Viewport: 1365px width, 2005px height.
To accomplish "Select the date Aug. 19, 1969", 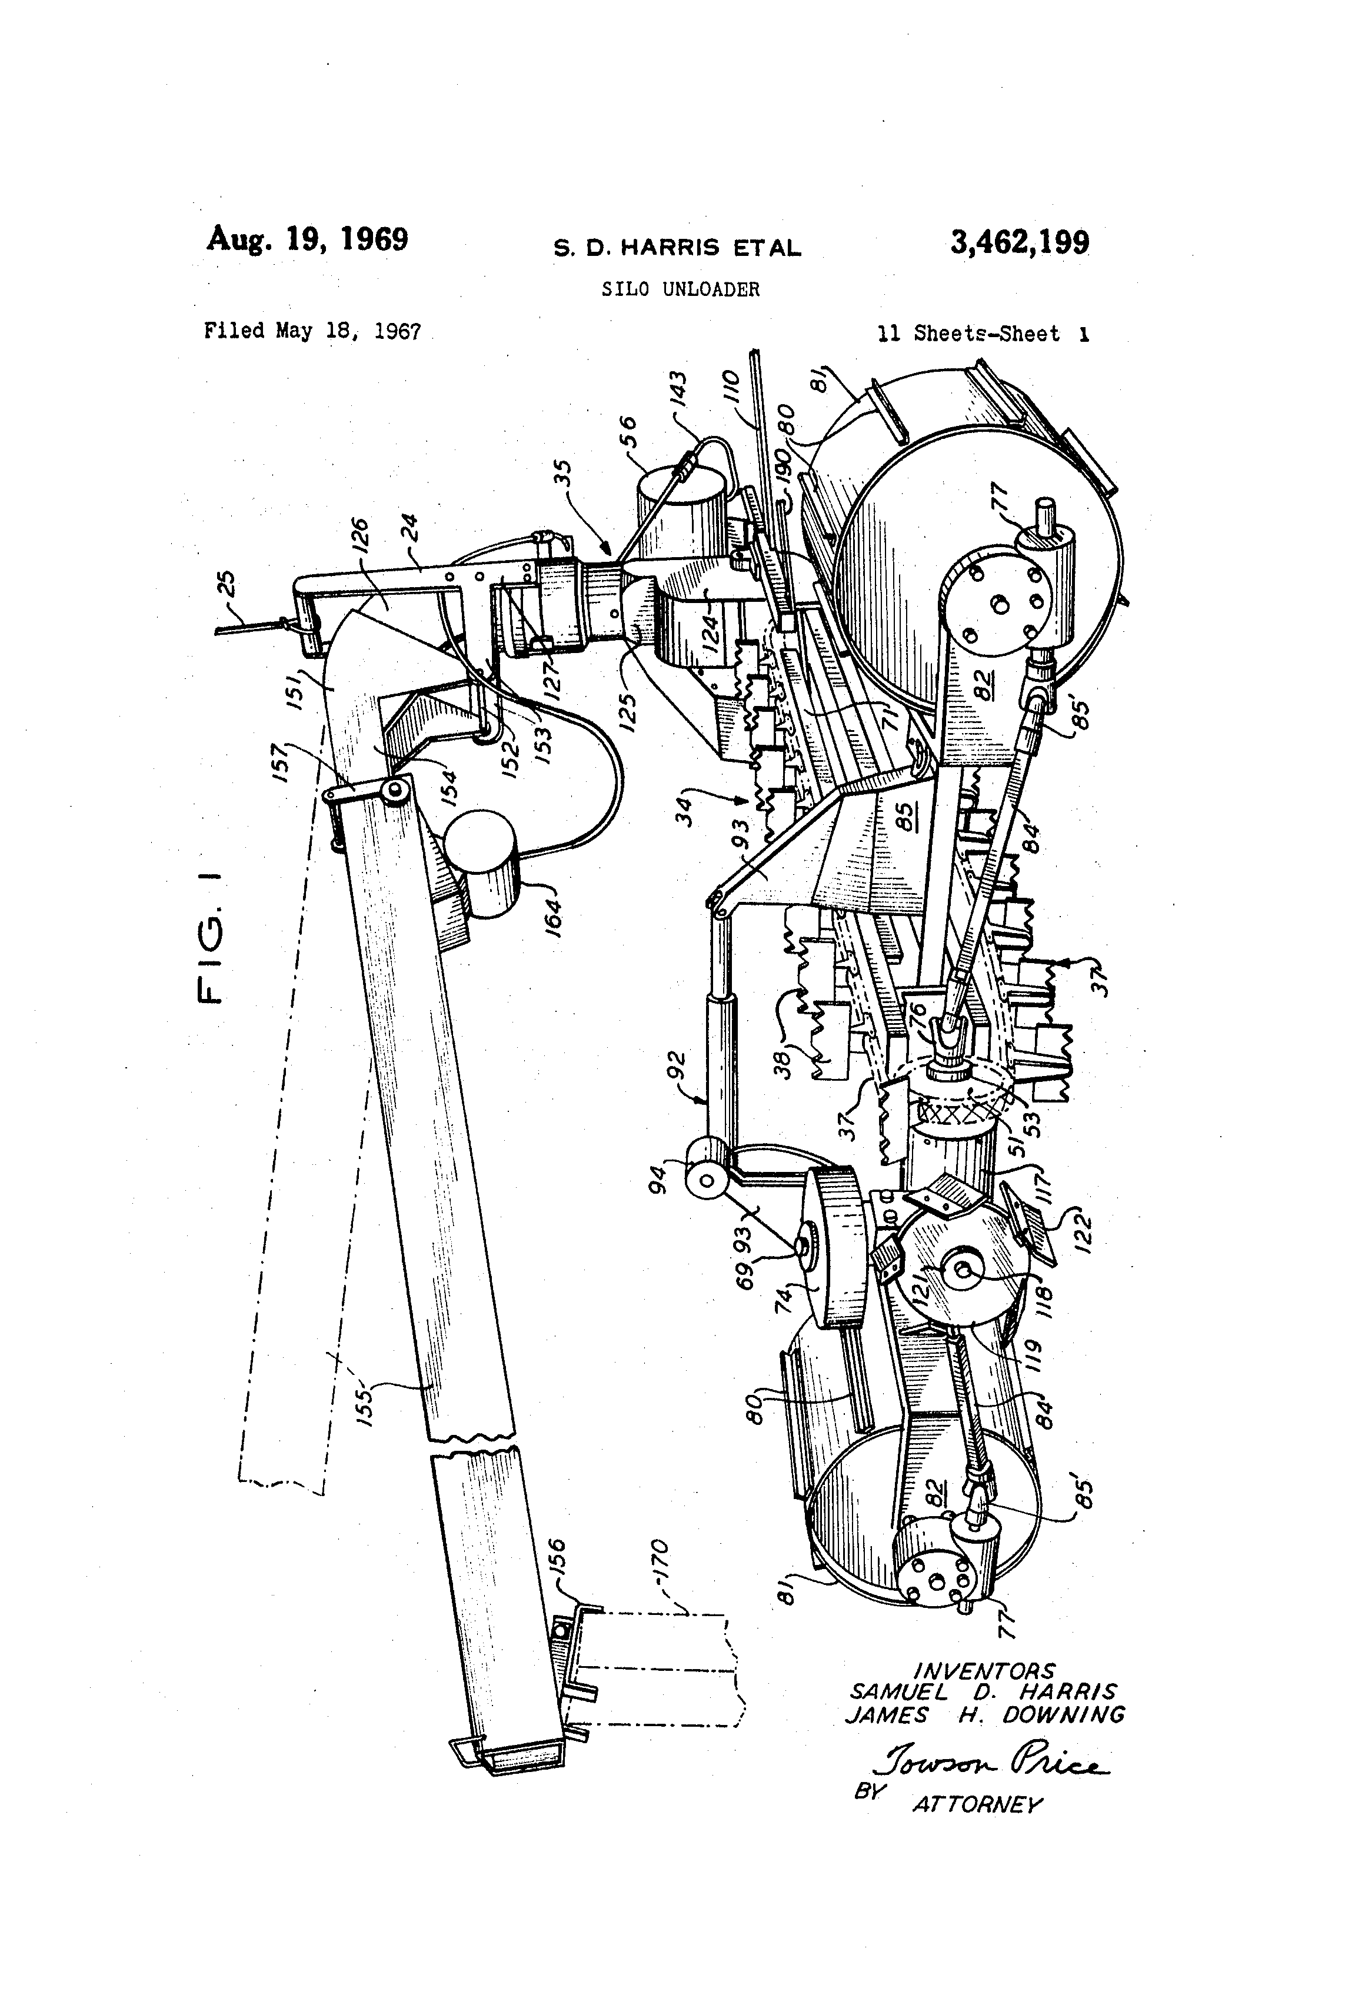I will click(307, 239).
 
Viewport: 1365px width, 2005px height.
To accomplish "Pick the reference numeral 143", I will click(679, 390).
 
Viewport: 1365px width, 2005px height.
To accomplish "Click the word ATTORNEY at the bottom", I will click(978, 1805).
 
